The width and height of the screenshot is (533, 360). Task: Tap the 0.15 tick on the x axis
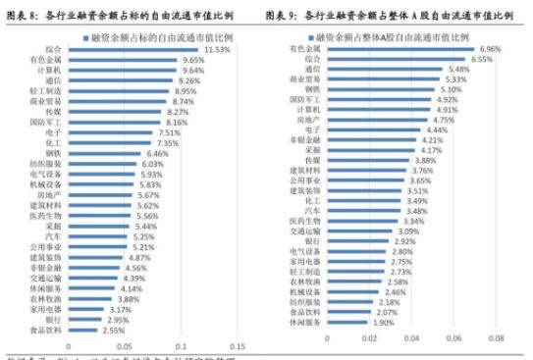tap(237, 345)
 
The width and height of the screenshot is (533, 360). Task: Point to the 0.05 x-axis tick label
tap(124, 345)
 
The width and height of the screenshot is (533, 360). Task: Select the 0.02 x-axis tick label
tap(368, 338)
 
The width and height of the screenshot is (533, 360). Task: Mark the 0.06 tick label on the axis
tap(453, 338)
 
